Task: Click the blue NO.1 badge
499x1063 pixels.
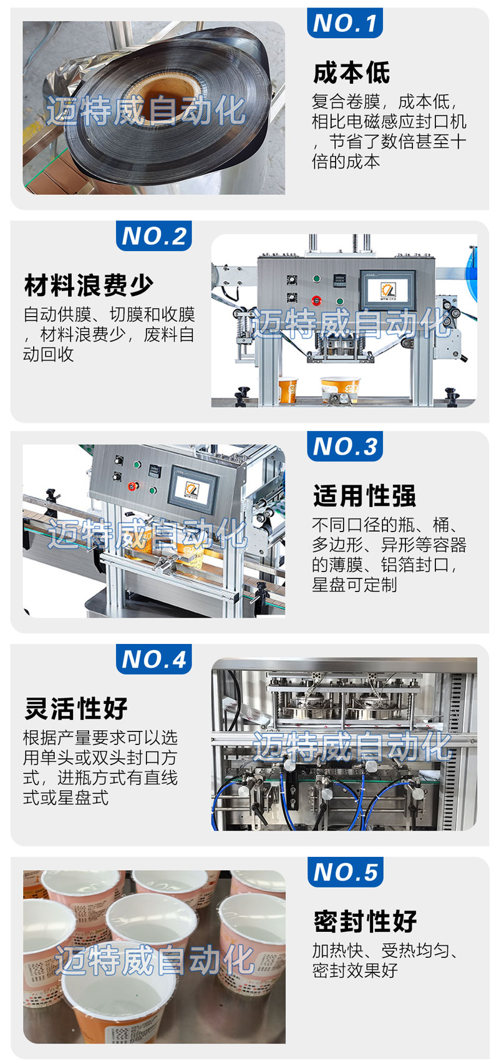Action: [x=345, y=22]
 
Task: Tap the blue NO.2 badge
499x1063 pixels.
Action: [x=154, y=236]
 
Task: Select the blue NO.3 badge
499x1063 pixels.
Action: [x=345, y=447]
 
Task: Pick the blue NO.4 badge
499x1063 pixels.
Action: [x=154, y=659]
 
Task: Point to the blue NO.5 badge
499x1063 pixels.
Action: [x=346, y=873]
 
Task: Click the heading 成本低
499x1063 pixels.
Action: [x=352, y=73]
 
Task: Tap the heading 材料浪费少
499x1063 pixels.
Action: [x=89, y=285]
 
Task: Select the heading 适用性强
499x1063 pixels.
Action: [x=364, y=496]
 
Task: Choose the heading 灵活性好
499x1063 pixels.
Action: [x=76, y=708]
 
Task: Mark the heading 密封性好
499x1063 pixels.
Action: [x=365, y=922]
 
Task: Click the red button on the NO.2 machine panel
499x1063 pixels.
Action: [x=316, y=300]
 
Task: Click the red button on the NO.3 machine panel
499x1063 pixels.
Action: [x=133, y=485]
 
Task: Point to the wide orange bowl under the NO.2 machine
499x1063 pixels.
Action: [x=340, y=389]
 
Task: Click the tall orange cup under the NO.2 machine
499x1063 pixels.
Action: [x=288, y=390]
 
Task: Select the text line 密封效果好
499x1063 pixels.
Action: [x=355, y=971]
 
